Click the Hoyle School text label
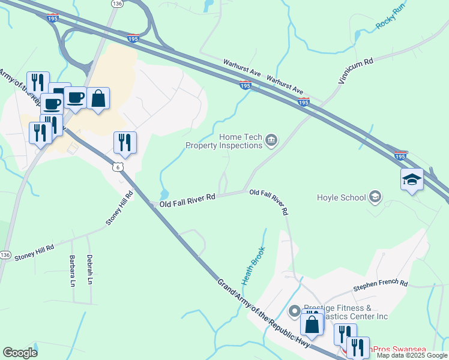pos(340,197)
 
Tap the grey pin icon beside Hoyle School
pos(375,196)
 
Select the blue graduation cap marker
pos(412,179)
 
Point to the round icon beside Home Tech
pos(271,140)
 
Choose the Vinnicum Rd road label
pos(356,75)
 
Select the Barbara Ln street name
pos(73,271)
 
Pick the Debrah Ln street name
pos(89,271)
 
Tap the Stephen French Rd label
pos(380,283)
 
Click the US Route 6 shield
pos(119,166)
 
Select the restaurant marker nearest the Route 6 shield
pos(125,143)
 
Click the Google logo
pos(20,353)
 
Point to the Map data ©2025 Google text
pos(411,355)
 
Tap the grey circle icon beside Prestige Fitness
pos(294,311)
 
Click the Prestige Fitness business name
pos(345,312)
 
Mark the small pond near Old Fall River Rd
pos(164,194)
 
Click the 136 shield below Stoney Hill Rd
pos(5,255)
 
